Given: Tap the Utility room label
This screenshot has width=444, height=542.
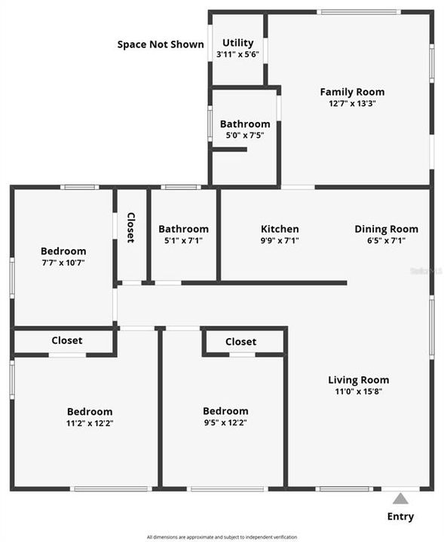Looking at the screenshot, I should click(x=238, y=43).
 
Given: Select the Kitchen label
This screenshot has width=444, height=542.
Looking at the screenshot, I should click(x=280, y=229).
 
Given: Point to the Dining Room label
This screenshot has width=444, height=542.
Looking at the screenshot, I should click(x=386, y=229).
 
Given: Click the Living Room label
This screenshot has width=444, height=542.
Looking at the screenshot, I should click(x=358, y=379).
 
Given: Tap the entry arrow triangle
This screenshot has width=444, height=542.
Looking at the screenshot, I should click(x=400, y=498).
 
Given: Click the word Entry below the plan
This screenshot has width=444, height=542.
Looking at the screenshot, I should click(x=400, y=516).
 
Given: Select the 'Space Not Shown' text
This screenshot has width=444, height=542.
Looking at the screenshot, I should click(x=160, y=44).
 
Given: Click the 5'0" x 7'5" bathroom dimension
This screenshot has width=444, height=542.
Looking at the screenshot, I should click(x=245, y=135).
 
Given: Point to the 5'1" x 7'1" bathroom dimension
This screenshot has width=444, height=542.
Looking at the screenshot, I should click(x=183, y=241).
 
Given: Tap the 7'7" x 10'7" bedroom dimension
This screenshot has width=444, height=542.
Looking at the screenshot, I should click(x=63, y=263).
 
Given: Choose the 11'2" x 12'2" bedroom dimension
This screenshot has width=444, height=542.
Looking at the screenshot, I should click(x=90, y=423).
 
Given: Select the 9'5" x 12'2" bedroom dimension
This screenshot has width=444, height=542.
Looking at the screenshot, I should click(x=225, y=423).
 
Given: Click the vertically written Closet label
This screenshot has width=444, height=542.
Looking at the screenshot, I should click(x=130, y=227).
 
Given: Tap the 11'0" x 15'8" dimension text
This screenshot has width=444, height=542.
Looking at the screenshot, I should click(x=358, y=391).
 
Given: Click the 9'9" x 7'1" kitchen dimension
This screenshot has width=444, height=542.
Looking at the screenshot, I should click(x=280, y=241).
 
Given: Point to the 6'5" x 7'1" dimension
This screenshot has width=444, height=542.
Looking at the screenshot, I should click(x=386, y=241).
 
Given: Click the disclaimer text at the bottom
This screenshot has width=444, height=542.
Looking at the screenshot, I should click(x=222, y=537).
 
